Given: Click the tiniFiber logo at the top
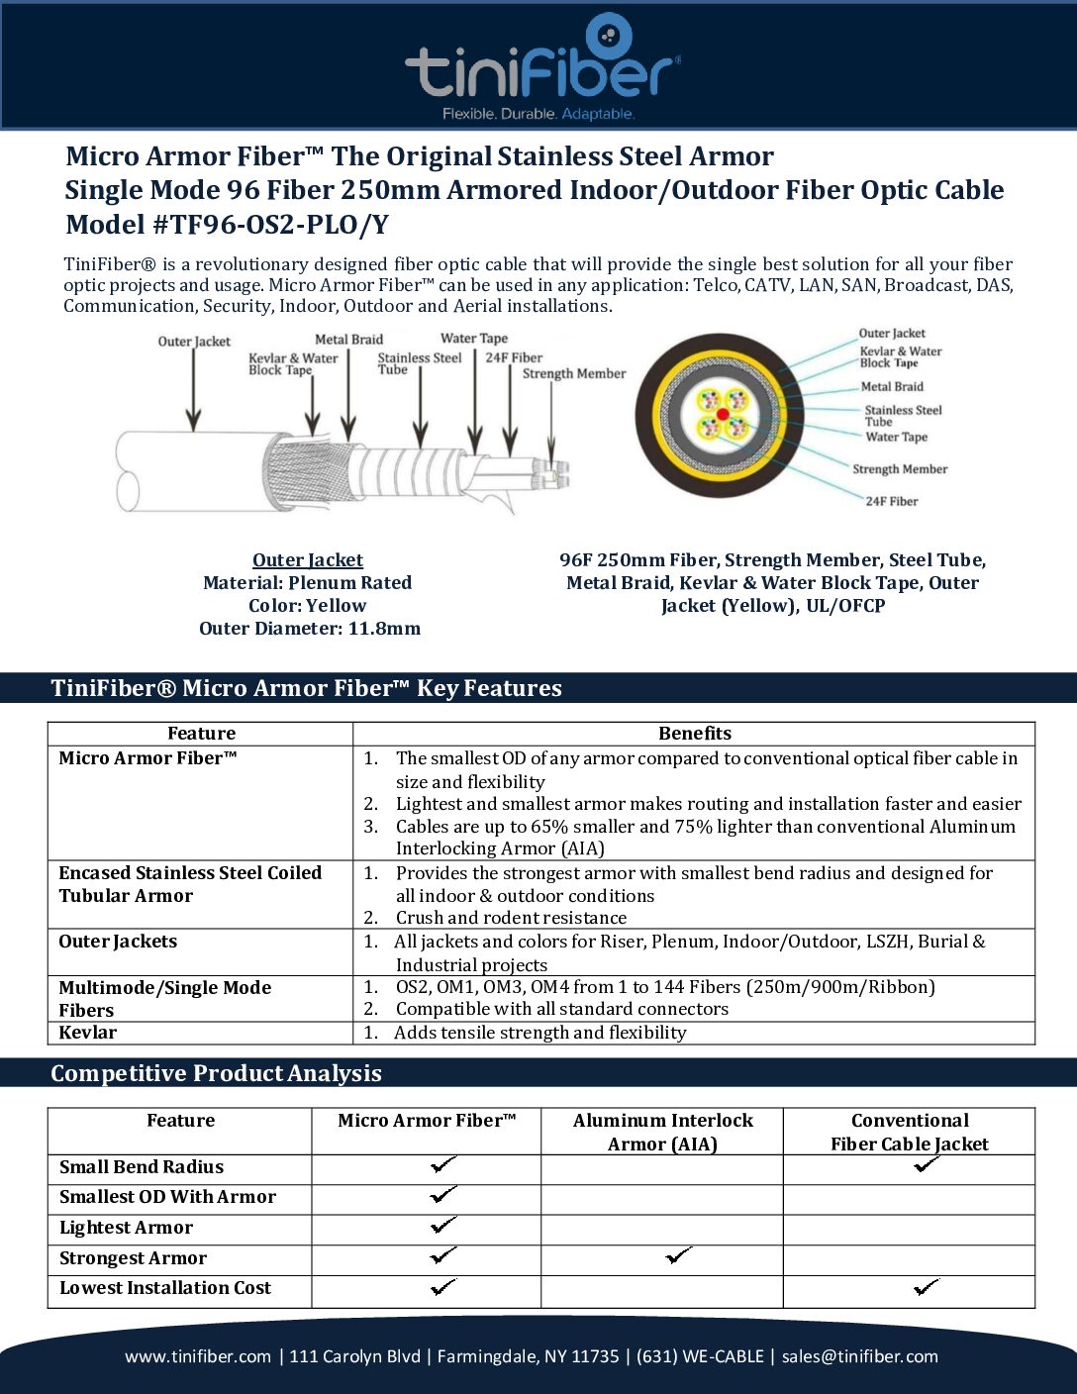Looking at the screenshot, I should point(541,67).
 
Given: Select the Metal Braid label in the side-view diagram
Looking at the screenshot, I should point(348,340).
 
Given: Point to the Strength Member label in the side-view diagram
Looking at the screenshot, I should point(574,374).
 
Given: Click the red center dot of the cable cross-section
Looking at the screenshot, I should point(723,414).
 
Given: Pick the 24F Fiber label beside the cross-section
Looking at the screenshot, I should point(892,502).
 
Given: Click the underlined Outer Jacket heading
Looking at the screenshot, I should point(308,560).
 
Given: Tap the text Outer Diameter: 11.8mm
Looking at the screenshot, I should point(310,629).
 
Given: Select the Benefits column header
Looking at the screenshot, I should point(695,734).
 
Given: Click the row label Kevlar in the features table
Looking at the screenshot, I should point(88,1033).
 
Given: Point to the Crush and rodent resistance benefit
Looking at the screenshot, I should point(511,918).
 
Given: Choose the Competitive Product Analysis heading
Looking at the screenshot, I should point(216,1073).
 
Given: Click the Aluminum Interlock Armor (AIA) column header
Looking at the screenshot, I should point(662,1132).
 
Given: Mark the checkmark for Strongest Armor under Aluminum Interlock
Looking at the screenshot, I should point(678,1256).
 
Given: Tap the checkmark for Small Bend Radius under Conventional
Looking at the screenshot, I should point(927,1165).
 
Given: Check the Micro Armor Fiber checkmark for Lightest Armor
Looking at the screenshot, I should point(443,1226).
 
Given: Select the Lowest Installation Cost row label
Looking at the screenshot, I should point(165,1288).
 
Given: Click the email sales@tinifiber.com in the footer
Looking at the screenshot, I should point(859,1356).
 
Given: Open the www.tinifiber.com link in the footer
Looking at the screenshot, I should point(198,1356).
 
